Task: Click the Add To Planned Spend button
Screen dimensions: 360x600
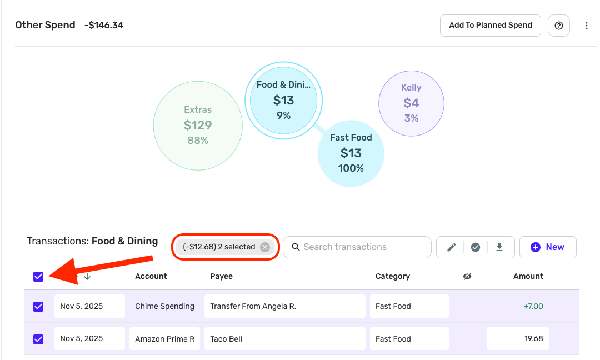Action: point(490,26)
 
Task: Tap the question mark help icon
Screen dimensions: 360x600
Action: point(559,26)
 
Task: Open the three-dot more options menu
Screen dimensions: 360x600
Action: point(587,26)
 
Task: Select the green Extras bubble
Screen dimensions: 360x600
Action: point(198,125)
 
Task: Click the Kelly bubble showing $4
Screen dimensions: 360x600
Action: point(411,103)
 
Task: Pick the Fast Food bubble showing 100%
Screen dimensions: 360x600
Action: point(351,153)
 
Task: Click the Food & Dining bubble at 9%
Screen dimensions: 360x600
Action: point(283,100)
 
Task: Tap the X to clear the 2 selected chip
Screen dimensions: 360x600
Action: point(265,247)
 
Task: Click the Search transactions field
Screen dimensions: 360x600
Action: point(357,247)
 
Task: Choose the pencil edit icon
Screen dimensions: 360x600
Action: point(452,247)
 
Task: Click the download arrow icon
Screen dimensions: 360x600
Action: point(499,247)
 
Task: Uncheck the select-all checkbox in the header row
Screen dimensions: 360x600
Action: point(38,276)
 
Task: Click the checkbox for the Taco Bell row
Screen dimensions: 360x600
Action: point(38,339)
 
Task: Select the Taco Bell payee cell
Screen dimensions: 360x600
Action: point(285,339)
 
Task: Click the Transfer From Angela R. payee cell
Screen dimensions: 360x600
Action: point(285,306)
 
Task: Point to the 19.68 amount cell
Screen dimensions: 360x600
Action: point(517,339)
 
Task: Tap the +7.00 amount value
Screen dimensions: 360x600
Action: point(533,306)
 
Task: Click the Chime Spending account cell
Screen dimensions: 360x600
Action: point(164,306)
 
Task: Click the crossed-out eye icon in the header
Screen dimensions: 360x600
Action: point(467,276)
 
